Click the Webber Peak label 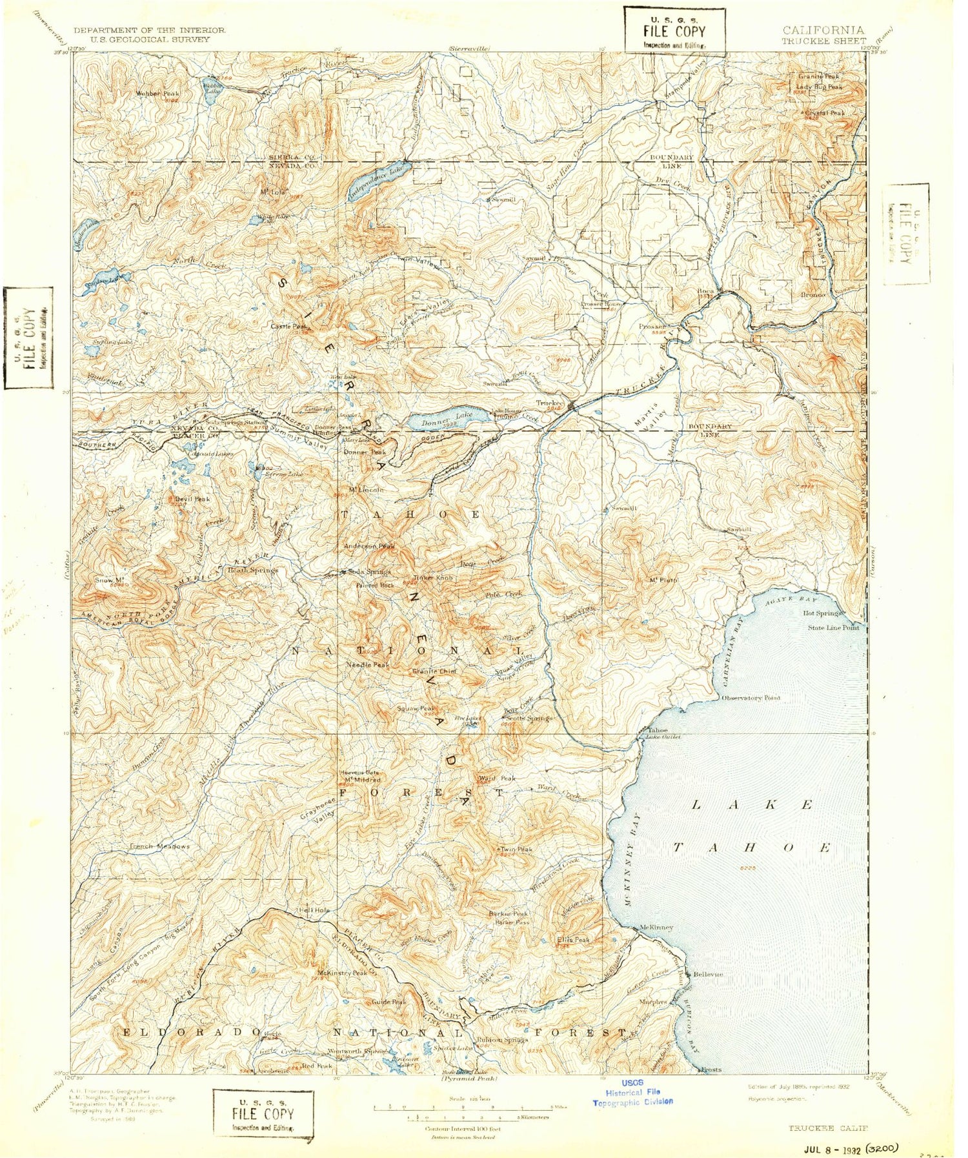157,93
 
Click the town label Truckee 550,403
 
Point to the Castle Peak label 289,326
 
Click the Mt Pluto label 663,580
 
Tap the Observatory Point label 751,698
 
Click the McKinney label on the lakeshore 656,927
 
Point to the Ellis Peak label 573,940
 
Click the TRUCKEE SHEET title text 823,41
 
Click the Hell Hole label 314,910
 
